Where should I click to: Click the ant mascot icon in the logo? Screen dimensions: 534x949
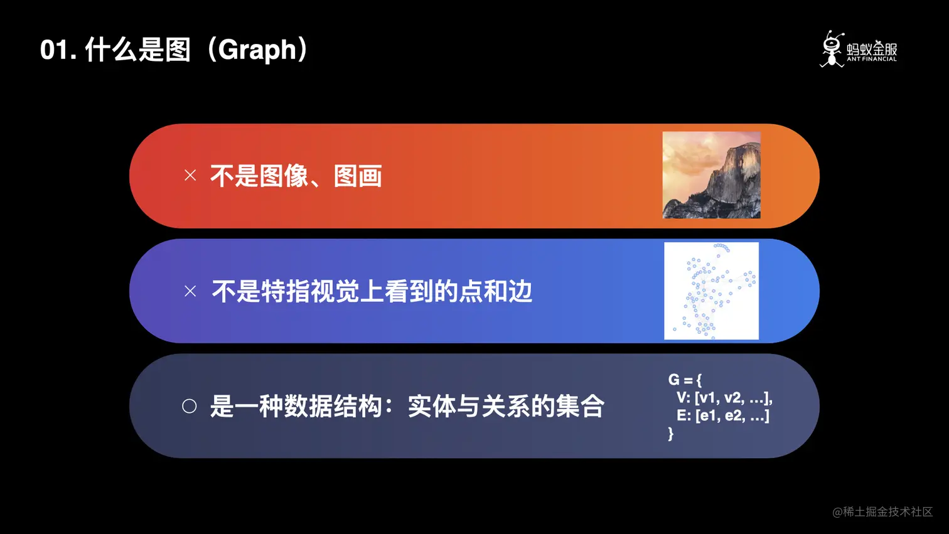click(x=832, y=49)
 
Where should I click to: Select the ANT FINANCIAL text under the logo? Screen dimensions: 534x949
click(x=872, y=60)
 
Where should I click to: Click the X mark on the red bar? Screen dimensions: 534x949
click(x=190, y=176)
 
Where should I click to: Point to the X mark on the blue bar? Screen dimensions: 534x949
click(x=190, y=291)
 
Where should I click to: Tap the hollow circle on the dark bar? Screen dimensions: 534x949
click(x=190, y=406)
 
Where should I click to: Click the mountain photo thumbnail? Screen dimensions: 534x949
click(x=711, y=175)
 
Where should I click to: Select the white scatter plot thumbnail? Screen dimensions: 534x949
click(x=711, y=291)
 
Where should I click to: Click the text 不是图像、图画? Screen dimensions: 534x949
click(x=296, y=176)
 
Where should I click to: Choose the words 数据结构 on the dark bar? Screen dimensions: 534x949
click(x=333, y=407)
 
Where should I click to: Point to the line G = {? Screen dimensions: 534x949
click(x=685, y=380)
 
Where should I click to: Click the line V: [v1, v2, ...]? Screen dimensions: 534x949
click(x=724, y=398)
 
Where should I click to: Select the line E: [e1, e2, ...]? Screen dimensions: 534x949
click(x=722, y=415)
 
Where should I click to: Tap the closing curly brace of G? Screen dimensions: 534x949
click(x=671, y=434)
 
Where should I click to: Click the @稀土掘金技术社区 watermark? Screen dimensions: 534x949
click(x=882, y=512)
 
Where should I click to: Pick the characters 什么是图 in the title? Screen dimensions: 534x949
click(x=137, y=50)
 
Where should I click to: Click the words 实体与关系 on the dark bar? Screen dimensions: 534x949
click(x=469, y=407)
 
